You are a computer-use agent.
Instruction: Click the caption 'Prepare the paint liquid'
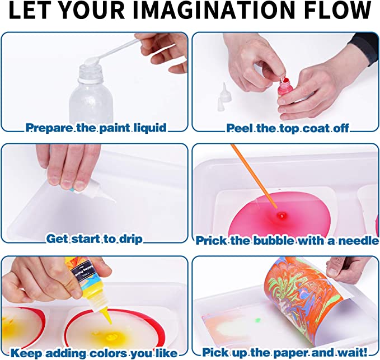click(x=96, y=128)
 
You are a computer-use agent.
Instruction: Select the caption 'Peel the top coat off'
click(x=288, y=128)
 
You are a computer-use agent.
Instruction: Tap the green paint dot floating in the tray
click(x=259, y=320)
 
